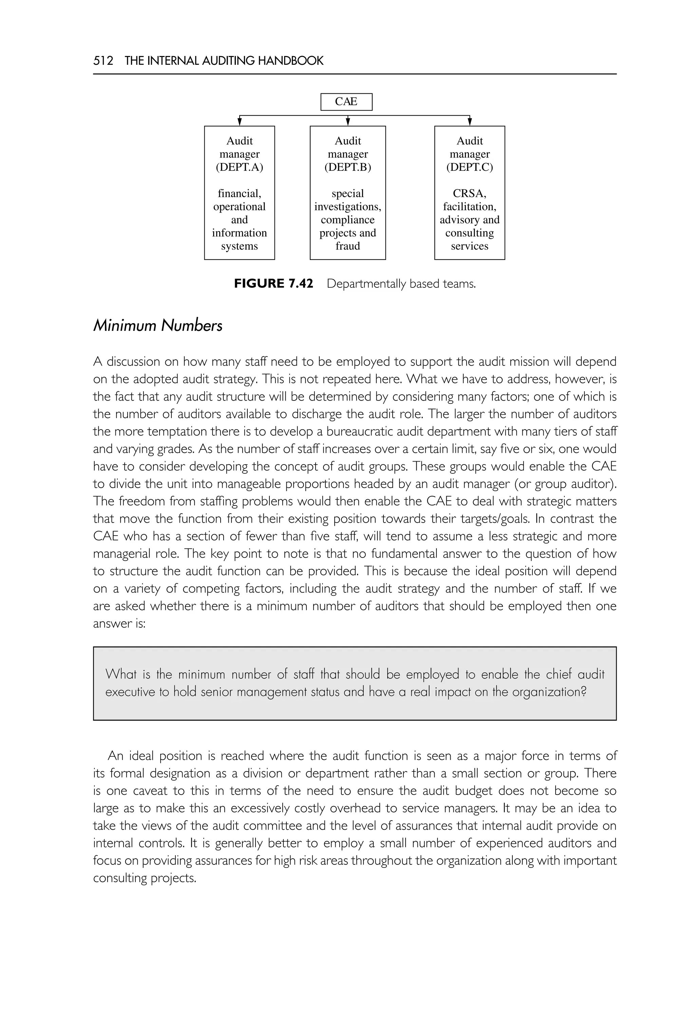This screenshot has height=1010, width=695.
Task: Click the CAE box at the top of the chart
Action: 346,101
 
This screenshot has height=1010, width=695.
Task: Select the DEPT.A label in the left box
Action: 240,167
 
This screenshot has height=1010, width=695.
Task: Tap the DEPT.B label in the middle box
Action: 347,167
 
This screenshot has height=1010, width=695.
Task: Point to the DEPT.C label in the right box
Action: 469,167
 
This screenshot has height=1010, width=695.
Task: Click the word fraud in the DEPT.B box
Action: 347,246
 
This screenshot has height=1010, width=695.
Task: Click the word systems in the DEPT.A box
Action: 240,246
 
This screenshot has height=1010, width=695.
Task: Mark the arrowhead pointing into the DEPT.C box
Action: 469,121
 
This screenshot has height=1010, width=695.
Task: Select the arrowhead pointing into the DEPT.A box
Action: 240,121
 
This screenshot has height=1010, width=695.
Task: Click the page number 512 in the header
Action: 103,60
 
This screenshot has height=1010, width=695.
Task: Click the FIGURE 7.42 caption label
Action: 274,283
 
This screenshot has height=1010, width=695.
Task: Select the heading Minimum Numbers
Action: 158,325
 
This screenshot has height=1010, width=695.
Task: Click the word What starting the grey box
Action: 121,674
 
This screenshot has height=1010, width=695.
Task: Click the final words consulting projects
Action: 145,878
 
